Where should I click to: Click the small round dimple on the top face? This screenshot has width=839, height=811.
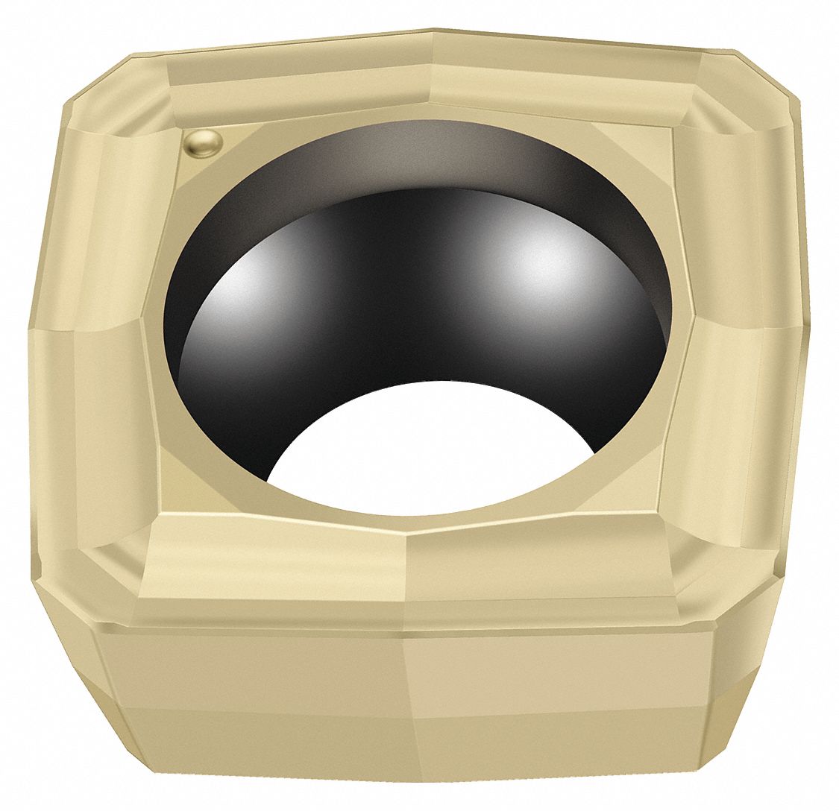coord(202,142)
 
